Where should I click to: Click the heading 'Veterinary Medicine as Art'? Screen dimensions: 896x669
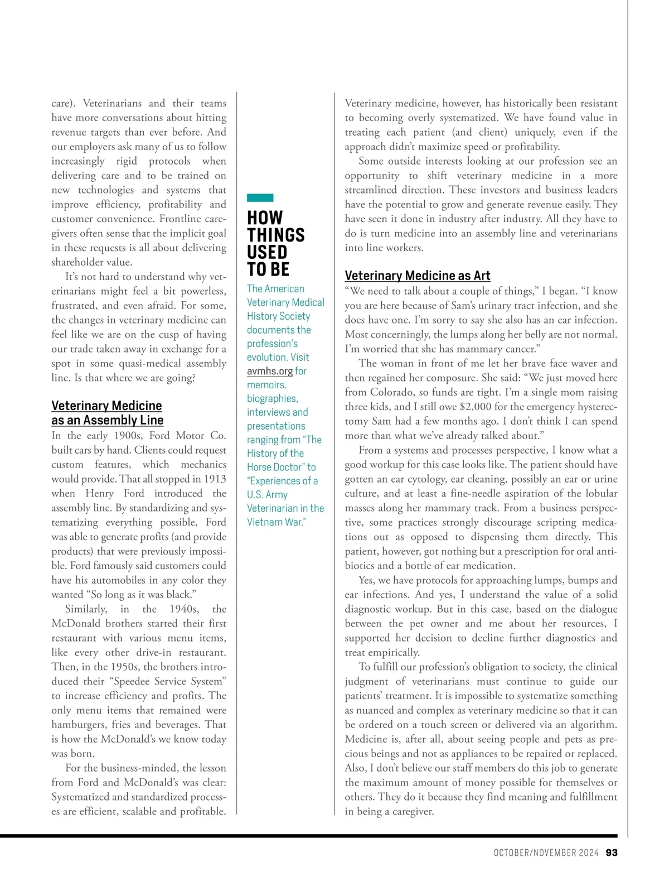coord(418,276)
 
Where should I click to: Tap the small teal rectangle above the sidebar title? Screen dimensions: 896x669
coord(260,197)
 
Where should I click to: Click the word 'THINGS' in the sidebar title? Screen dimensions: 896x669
coord(276,235)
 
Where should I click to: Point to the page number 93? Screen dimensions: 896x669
coord(612,852)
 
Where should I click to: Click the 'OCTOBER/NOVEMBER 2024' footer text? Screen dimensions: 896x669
coord(546,852)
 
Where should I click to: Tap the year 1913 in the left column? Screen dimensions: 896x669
coord(215,479)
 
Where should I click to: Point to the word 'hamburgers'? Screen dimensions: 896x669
coord(79,725)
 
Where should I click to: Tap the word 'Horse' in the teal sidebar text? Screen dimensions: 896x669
coord(262,467)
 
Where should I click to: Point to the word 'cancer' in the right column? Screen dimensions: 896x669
coord(521,349)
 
